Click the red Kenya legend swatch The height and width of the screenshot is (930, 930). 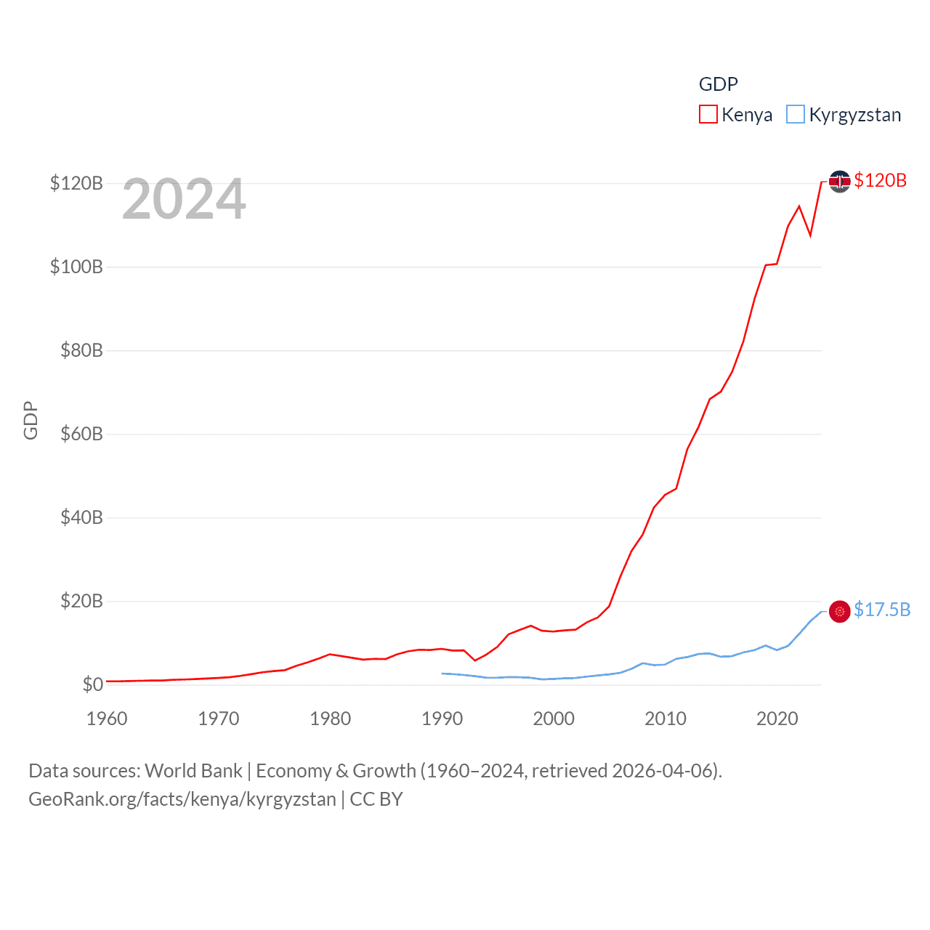pyautogui.click(x=708, y=115)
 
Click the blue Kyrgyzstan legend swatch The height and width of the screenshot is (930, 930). pyautogui.click(x=796, y=115)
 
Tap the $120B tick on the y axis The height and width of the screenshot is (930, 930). pyautogui.click(x=76, y=183)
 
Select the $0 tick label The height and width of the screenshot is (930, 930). pyautogui.click(x=92, y=684)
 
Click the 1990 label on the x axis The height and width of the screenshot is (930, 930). pyautogui.click(x=442, y=719)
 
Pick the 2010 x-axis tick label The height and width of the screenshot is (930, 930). pyautogui.click(x=666, y=719)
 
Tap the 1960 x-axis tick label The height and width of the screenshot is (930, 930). pyautogui.click(x=107, y=719)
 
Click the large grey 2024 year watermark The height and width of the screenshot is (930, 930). pyautogui.click(x=184, y=199)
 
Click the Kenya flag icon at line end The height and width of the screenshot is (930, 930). pyautogui.click(x=839, y=182)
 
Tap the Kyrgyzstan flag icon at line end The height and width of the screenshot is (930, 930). pyautogui.click(x=839, y=611)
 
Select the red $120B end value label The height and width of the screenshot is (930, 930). pyautogui.click(x=880, y=180)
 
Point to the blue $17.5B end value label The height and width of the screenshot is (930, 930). pyautogui.click(x=882, y=610)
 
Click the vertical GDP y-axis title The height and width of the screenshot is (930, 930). pyautogui.click(x=31, y=420)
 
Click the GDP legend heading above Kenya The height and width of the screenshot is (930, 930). pyautogui.click(x=718, y=84)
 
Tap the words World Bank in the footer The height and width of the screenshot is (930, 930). pyautogui.click(x=193, y=771)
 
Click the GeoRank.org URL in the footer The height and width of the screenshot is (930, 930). pyautogui.click(x=182, y=799)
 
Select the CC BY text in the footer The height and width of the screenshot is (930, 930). pyautogui.click(x=376, y=799)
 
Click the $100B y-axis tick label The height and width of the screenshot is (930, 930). pyautogui.click(x=76, y=267)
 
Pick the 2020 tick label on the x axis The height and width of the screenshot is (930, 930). pyautogui.click(x=777, y=719)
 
